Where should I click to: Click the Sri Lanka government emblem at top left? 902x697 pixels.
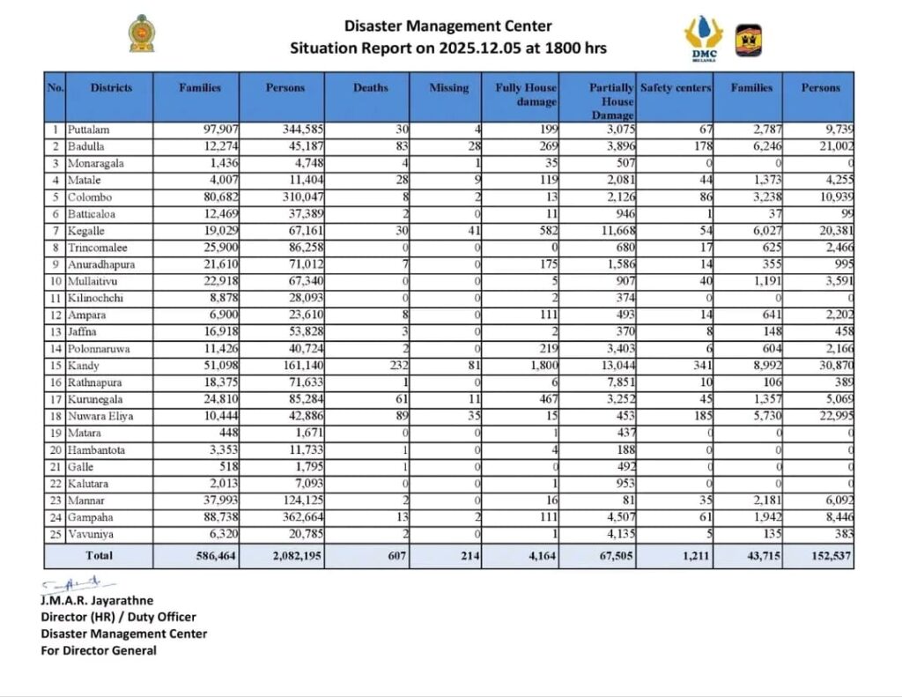(x=141, y=33)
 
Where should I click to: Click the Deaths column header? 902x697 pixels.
(x=370, y=88)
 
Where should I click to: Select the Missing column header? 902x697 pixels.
(x=449, y=88)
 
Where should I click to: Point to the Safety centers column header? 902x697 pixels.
(x=675, y=88)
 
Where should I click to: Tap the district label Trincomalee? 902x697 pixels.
(x=97, y=248)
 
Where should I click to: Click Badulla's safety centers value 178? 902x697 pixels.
(x=701, y=147)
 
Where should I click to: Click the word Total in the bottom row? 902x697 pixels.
(x=99, y=556)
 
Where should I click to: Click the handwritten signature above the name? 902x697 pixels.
(x=79, y=583)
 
